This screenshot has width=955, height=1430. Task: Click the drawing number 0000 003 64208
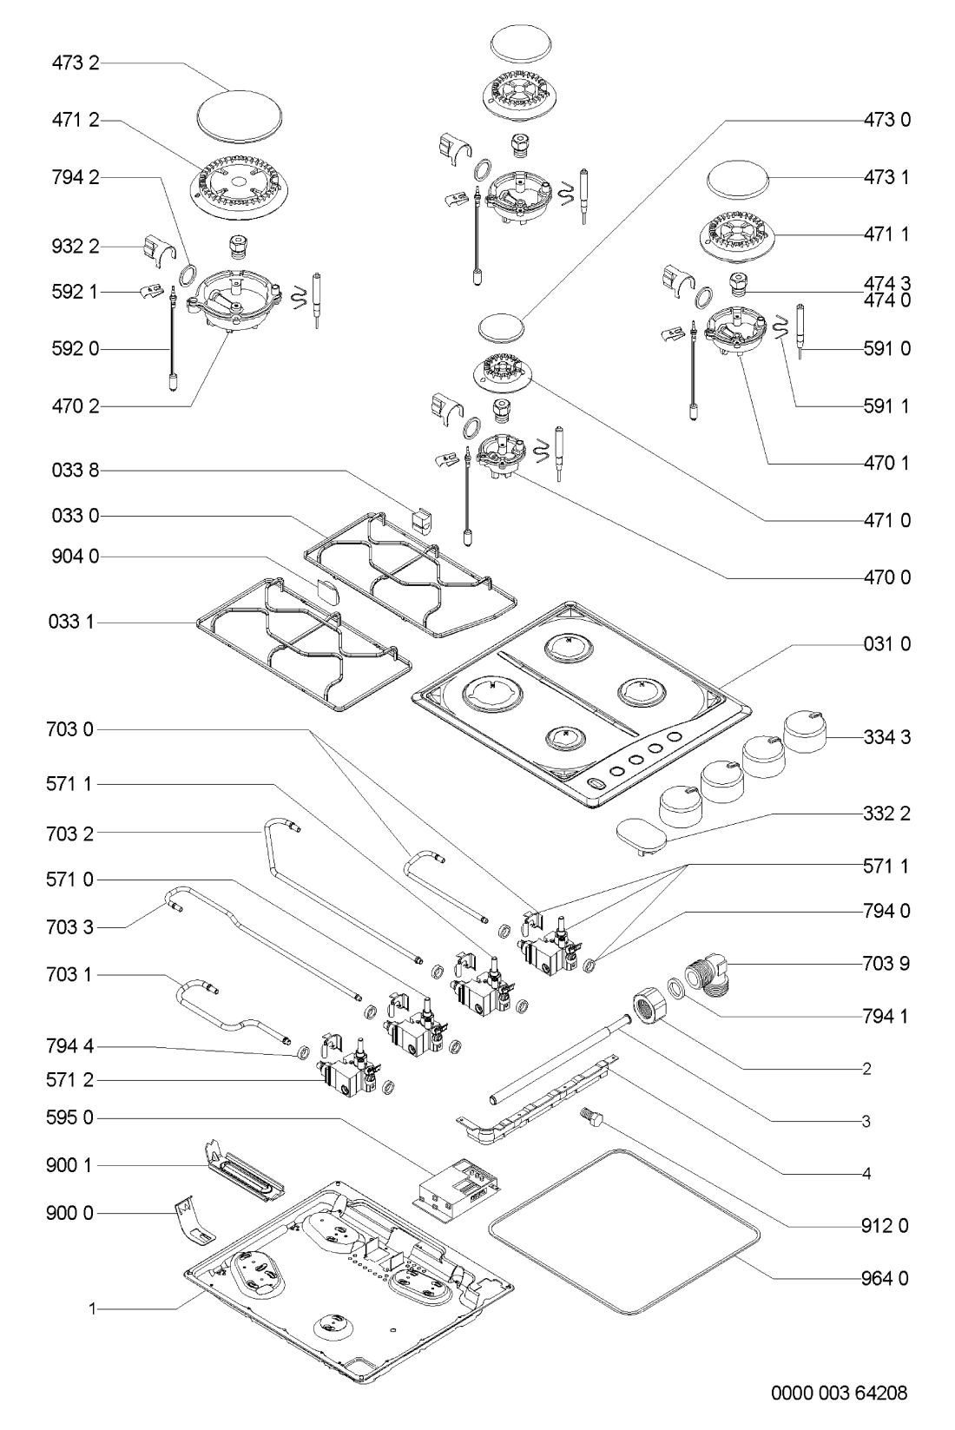coord(840,1394)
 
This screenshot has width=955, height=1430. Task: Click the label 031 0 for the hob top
coord(886,644)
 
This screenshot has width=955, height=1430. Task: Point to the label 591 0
coord(886,348)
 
